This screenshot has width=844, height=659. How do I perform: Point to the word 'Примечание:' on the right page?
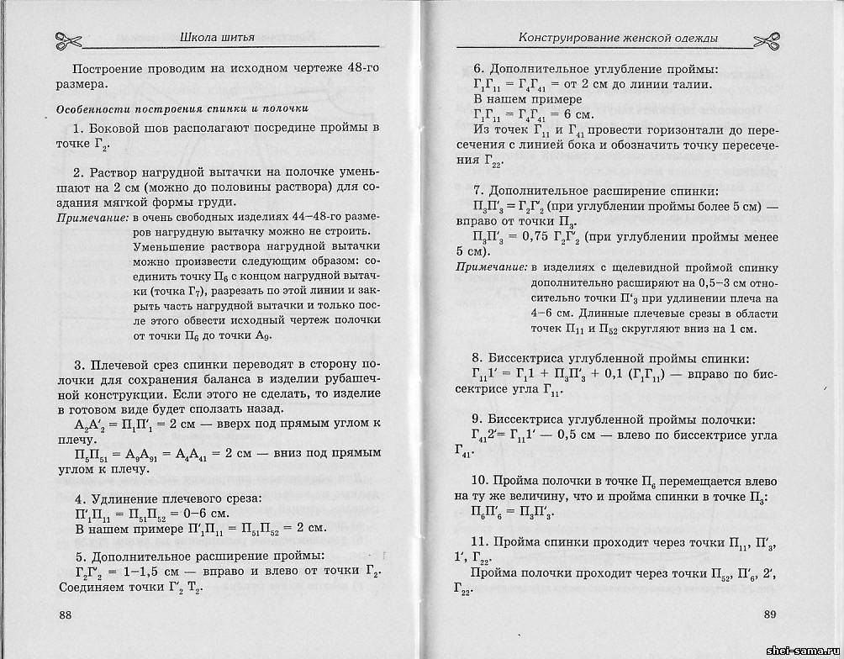pyautogui.click(x=491, y=267)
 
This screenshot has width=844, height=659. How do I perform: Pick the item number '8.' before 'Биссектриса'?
pyautogui.click(x=478, y=356)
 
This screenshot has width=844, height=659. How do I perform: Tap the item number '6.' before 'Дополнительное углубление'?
pyautogui.click(x=478, y=69)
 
